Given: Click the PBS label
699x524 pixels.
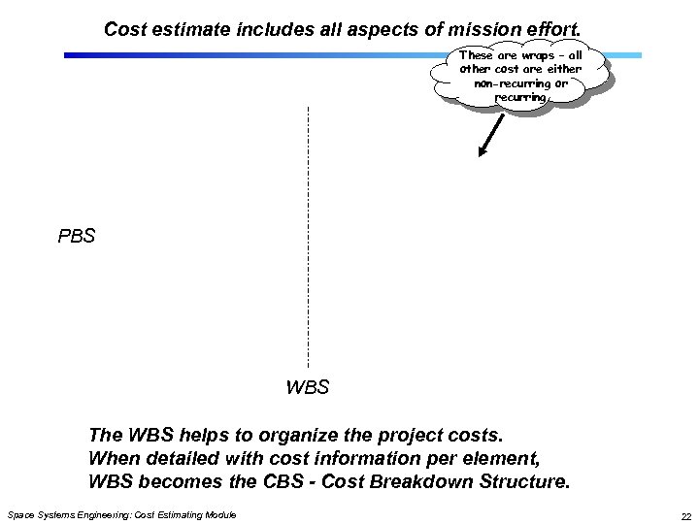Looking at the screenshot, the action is click(77, 235).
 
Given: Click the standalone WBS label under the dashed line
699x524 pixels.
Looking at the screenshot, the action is click(308, 388).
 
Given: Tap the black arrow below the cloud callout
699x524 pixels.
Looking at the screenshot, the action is click(490, 135).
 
